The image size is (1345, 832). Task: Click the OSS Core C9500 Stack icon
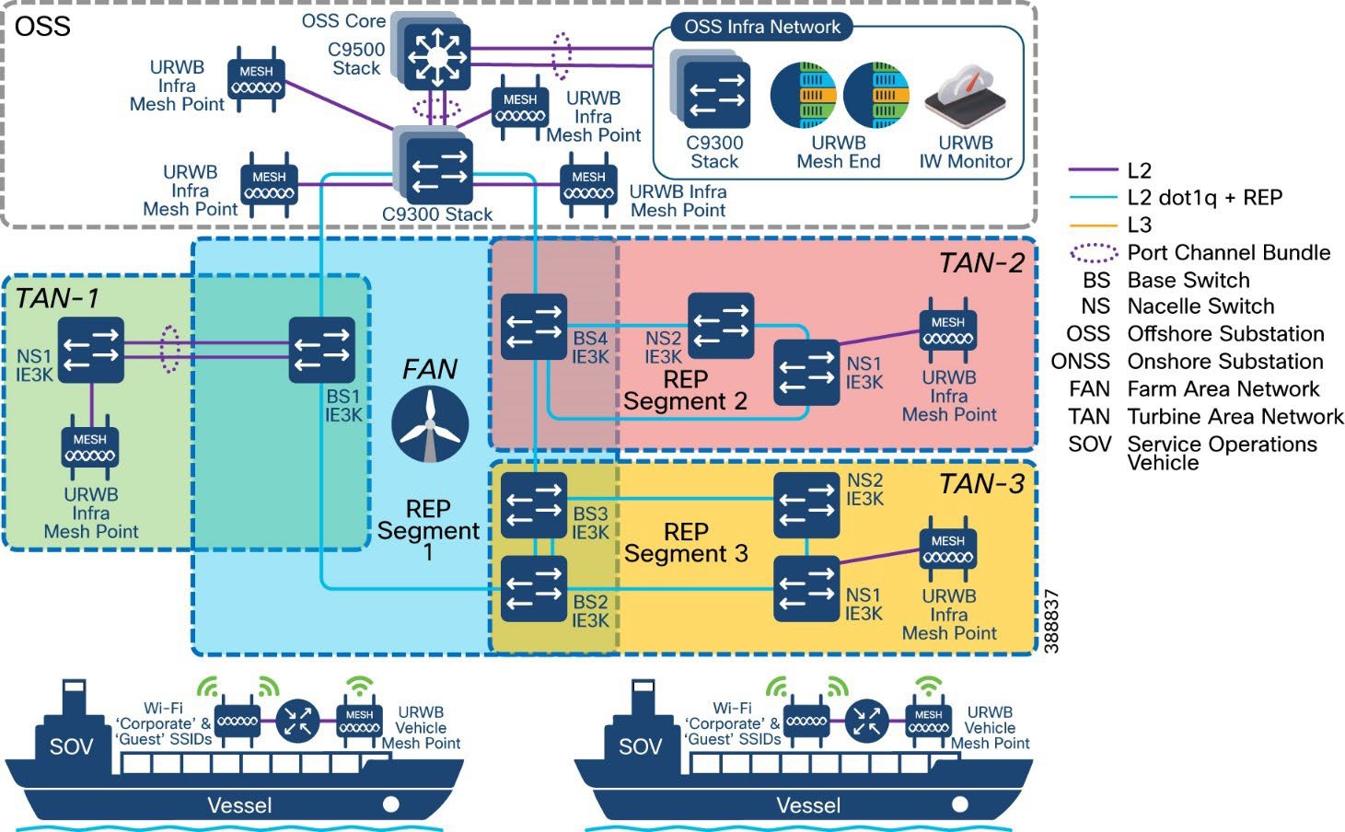[x=435, y=55]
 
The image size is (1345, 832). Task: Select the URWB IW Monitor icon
[x=965, y=96]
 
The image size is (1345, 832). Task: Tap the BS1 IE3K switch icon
[x=322, y=350]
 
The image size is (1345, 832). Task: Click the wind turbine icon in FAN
[x=430, y=424]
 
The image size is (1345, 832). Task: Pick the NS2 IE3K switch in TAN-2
[x=721, y=325]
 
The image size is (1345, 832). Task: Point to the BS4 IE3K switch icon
[x=534, y=327]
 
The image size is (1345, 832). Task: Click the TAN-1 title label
[x=57, y=298]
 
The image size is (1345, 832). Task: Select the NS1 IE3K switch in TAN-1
[x=90, y=350]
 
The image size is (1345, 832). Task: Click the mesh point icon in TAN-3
[x=947, y=550]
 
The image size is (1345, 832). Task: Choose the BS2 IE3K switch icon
[x=534, y=590]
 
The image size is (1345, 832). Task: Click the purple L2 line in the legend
[x=1093, y=170]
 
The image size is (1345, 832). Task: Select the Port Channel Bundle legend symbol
[x=1094, y=253]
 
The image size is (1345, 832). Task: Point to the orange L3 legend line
[x=1093, y=225]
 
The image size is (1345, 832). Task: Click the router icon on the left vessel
[x=297, y=721]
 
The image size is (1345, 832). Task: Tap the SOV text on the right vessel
[x=640, y=746]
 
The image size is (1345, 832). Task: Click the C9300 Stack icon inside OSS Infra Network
[x=716, y=96]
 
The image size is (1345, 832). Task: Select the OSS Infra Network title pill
[x=762, y=27]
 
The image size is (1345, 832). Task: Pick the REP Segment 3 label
[x=686, y=543]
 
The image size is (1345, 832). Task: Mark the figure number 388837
[x=1053, y=622]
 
